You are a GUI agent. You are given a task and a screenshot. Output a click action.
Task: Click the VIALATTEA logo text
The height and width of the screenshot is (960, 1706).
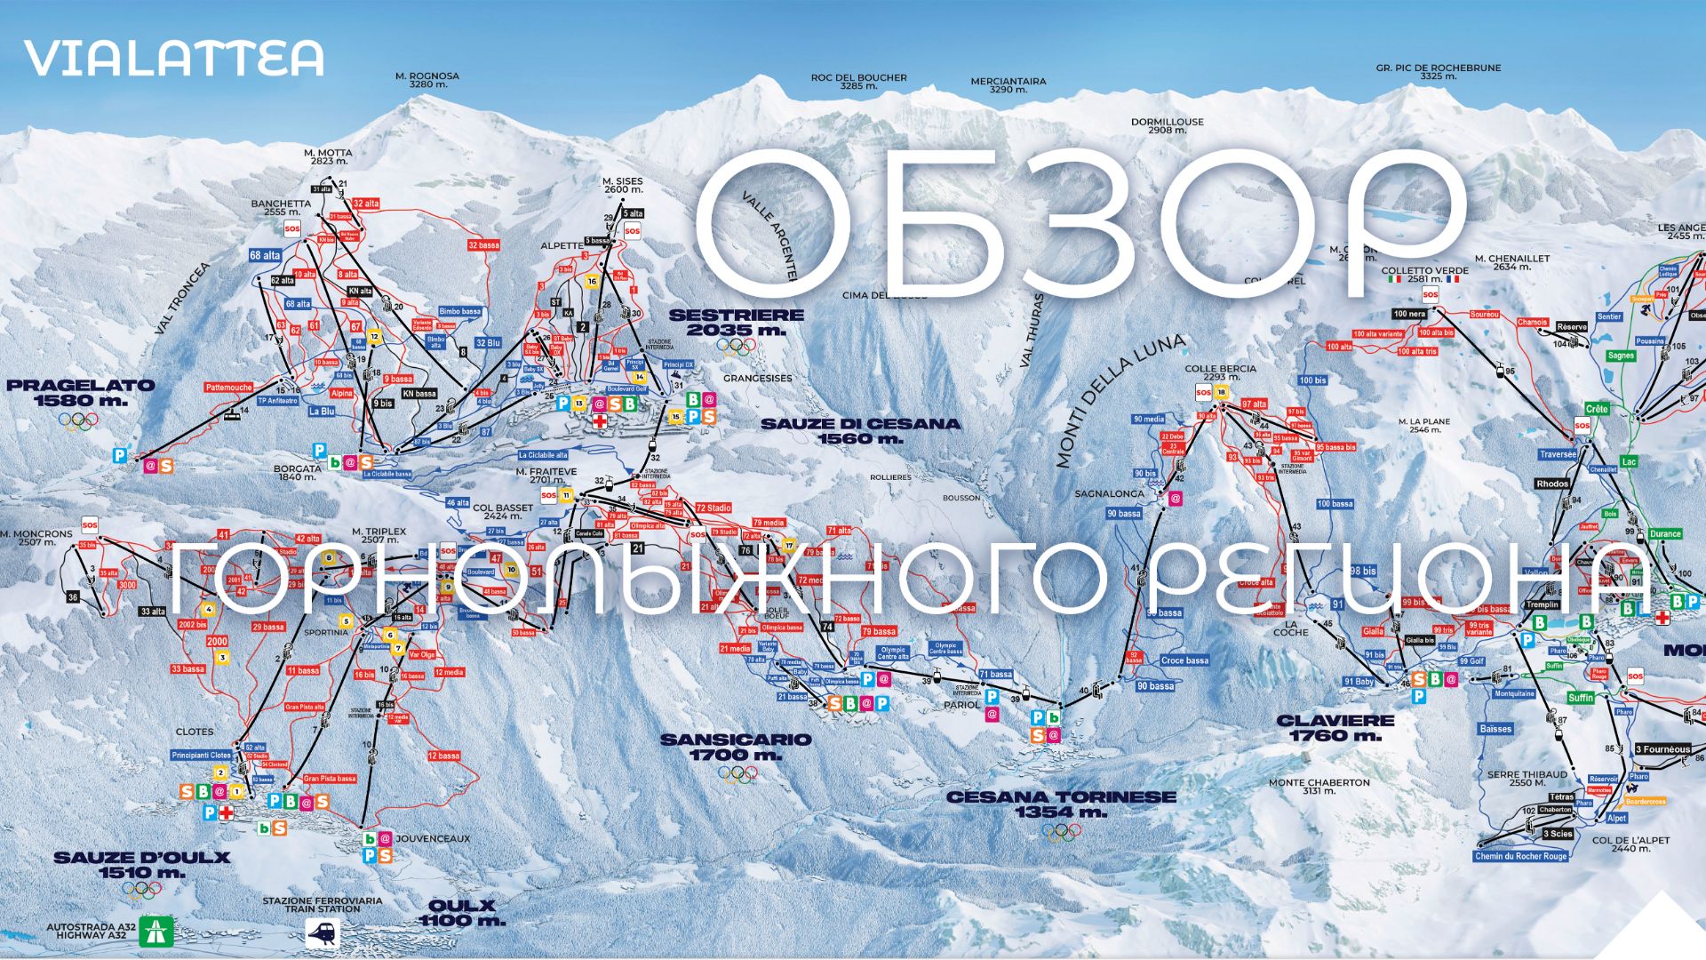pyautogui.click(x=174, y=58)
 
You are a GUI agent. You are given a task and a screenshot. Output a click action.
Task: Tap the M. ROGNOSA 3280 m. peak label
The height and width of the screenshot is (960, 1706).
pyautogui.click(x=427, y=80)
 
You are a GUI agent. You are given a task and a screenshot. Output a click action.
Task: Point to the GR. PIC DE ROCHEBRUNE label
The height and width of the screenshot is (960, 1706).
pyautogui.click(x=1438, y=72)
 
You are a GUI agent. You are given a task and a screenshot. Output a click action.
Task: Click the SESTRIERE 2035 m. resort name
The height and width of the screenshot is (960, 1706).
pyautogui.click(x=737, y=322)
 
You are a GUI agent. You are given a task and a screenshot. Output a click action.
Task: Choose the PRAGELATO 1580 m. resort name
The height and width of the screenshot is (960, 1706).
pyautogui.click(x=81, y=393)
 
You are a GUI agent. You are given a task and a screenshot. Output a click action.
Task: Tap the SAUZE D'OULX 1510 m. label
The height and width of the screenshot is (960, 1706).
pyautogui.click(x=142, y=865)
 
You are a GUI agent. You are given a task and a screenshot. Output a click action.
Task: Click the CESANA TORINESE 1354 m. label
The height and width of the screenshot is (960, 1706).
pyautogui.click(x=1061, y=804)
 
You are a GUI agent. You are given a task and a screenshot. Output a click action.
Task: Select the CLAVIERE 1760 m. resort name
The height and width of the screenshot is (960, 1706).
pyautogui.click(x=1335, y=727)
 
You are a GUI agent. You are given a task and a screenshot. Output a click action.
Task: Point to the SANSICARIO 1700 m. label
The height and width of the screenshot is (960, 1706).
pyautogui.click(x=737, y=747)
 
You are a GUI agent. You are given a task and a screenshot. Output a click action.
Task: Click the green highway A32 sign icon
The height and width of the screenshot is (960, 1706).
pyautogui.click(x=157, y=931)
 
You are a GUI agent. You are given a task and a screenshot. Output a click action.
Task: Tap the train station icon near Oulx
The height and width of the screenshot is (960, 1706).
pyautogui.click(x=323, y=932)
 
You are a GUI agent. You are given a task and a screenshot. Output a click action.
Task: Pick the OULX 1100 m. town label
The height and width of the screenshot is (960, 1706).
pyautogui.click(x=461, y=913)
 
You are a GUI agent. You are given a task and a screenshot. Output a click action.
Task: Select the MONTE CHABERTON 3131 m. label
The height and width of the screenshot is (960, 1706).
pyautogui.click(x=1319, y=787)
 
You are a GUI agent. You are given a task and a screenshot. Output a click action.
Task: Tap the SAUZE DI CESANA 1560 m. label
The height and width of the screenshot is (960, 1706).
pyautogui.click(x=860, y=430)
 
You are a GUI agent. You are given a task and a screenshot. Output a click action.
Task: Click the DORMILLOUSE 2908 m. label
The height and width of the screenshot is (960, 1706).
pyautogui.click(x=1167, y=126)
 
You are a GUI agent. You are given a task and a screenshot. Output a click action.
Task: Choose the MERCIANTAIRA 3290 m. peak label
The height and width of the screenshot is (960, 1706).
pyautogui.click(x=1008, y=85)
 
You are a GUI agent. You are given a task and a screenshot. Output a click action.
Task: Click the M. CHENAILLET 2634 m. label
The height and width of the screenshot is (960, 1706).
pyautogui.click(x=1512, y=262)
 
